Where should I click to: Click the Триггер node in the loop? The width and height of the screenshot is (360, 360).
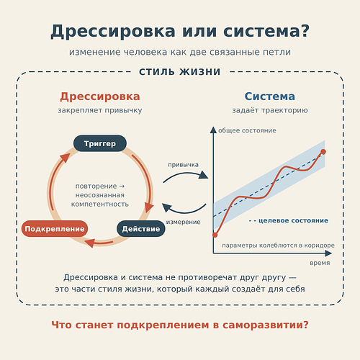coord(100,143)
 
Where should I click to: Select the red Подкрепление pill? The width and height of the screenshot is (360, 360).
coord(55,229)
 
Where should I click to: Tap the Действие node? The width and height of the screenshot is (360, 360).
coord(141,229)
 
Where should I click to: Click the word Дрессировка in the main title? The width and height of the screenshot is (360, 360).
coord(113,32)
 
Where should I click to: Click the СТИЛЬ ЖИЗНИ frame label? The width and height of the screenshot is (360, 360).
coord(180,72)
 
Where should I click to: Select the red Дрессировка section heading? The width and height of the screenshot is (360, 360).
coord(100,96)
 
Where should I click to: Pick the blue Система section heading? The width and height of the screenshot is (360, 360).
coord(270,96)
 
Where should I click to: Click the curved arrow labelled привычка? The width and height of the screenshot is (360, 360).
coord(185,174)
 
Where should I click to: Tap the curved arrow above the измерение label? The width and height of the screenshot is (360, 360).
coord(184,211)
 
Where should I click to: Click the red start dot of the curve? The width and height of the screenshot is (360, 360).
coord(215,235)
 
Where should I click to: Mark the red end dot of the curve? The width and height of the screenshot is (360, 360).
coord(323,152)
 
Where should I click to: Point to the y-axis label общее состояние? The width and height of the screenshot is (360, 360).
coord(247,130)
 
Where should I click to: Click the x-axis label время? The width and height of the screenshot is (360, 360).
coord(320,263)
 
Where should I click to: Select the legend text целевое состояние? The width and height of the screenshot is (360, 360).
coord(293,220)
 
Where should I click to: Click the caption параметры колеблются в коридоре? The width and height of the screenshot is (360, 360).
coord(278,246)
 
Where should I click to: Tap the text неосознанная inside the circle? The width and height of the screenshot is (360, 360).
coord(100,195)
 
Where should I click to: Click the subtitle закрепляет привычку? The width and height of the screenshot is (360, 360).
coord(100,110)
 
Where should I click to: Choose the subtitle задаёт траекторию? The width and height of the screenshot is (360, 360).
coord(270,110)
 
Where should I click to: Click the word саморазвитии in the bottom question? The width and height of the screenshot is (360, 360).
coord(265,325)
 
